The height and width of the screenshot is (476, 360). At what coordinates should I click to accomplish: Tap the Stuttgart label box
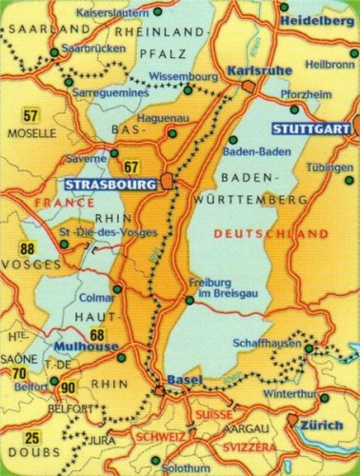point(300,129)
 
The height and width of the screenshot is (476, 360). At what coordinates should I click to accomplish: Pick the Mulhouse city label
point(86,346)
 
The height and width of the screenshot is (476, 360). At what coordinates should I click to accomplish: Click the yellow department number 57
point(30,117)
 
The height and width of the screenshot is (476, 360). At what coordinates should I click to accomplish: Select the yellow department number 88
point(27,250)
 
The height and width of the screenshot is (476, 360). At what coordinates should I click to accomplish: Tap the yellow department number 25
point(31,439)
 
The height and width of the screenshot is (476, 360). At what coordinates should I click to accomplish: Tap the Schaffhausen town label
point(267,344)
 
